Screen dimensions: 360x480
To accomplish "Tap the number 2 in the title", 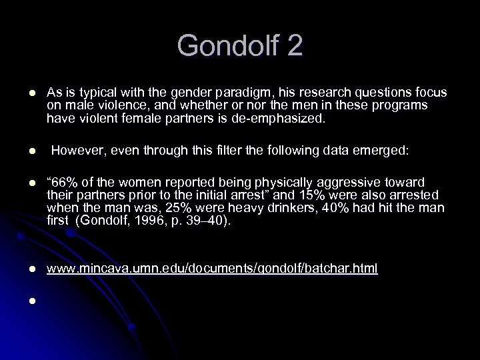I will click(293, 46).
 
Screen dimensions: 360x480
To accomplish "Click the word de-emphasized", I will click(288, 118).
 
